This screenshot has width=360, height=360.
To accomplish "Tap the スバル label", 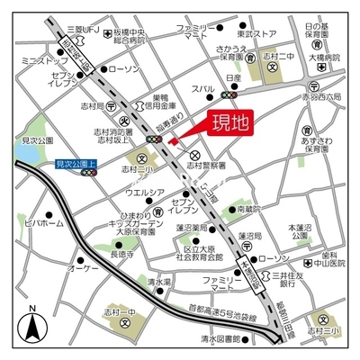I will tap(205, 88).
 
